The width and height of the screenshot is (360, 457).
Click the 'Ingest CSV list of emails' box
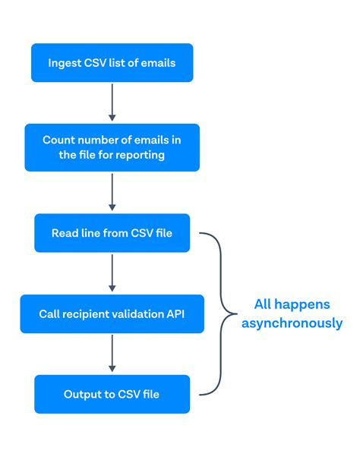tap(112, 63)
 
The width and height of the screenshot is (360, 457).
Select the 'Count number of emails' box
tap(112, 147)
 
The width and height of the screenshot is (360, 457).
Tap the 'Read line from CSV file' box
tap(112, 232)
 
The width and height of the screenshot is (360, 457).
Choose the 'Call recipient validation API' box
tap(112, 314)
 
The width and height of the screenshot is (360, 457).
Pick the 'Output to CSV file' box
tap(112, 394)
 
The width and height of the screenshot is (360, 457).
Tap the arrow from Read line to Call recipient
tap(112, 273)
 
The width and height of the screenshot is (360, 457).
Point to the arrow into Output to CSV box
tap(112, 354)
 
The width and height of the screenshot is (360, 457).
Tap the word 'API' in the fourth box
tap(175, 314)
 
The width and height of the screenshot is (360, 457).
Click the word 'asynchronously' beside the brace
tap(293, 323)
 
